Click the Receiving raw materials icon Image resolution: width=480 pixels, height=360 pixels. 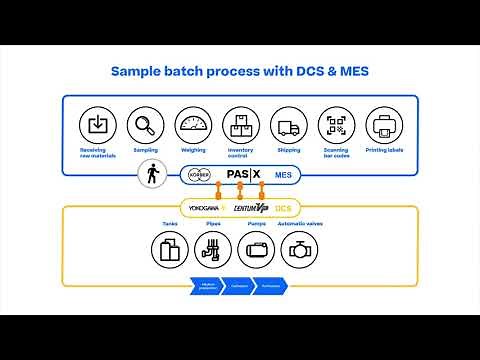coord(98,126)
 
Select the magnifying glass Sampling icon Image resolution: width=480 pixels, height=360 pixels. coord(146,126)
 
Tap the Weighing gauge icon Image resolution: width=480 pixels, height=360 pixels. coord(193,126)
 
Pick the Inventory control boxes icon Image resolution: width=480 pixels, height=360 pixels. coord(240,126)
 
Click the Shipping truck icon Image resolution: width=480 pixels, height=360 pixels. coord(287,126)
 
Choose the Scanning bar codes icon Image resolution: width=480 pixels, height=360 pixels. coord(335,126)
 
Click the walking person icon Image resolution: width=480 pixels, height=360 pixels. coord(153,175)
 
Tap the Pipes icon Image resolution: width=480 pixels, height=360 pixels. coord(212,248)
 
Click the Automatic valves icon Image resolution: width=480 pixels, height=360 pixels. coord(301,248)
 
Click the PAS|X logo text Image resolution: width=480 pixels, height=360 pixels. coord(241,174)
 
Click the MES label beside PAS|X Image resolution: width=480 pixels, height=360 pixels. coord(282,175)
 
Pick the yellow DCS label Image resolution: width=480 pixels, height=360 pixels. coord(285,207)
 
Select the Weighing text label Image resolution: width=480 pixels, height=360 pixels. coord(193,151)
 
